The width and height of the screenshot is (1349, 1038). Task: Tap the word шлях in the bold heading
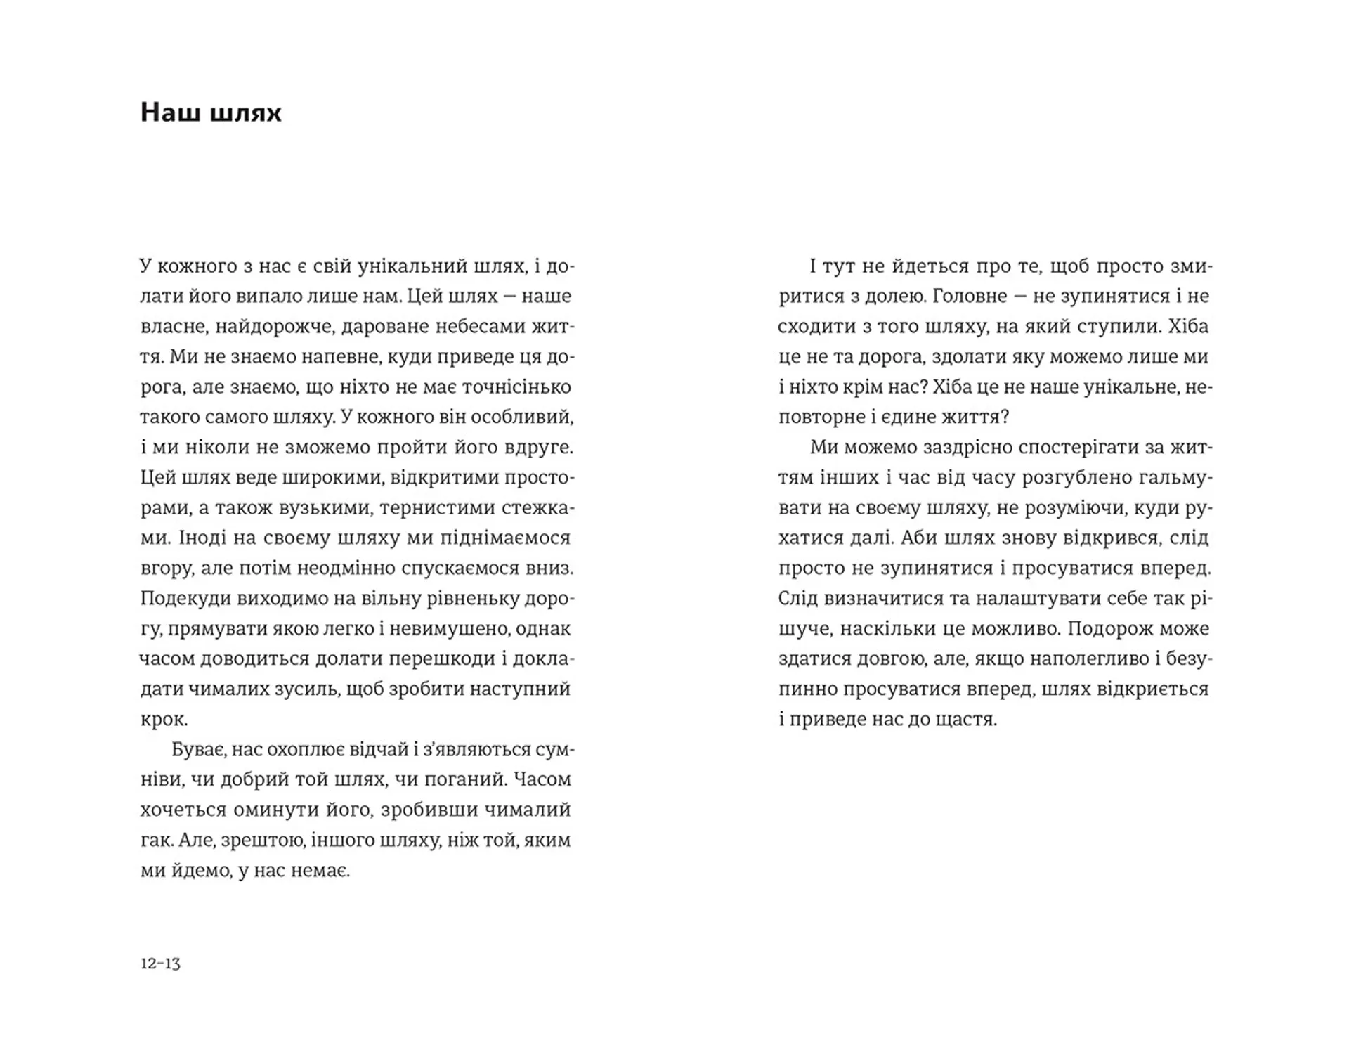245,112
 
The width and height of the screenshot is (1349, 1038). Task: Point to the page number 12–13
160,963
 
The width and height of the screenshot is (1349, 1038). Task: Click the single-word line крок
164,720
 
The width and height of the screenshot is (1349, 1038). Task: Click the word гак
155,841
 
